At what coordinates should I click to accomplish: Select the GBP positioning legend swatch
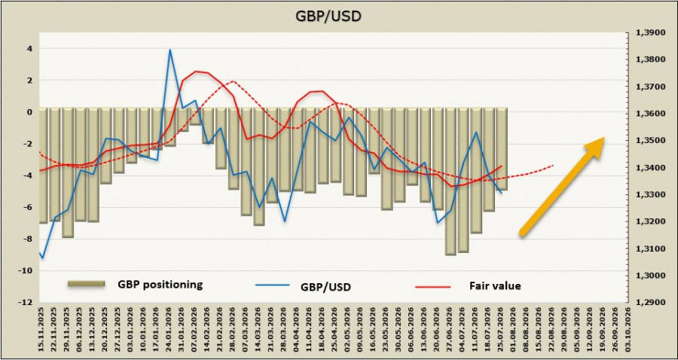[86, 283]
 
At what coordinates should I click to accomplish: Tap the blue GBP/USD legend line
[271, 285]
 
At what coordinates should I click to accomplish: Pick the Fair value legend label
[495, 285]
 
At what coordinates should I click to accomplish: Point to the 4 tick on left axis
[29, 49]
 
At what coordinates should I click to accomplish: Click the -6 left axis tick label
[28, 207]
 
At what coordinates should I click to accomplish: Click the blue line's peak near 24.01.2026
[170, 50]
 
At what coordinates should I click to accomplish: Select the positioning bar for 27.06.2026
[450, 182]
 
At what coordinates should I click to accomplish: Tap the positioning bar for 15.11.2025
[43, 166]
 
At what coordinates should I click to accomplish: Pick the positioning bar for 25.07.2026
[501, 149]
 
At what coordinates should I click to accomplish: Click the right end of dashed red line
[554, 165]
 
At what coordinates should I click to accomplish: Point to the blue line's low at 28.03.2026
[285, 221]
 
